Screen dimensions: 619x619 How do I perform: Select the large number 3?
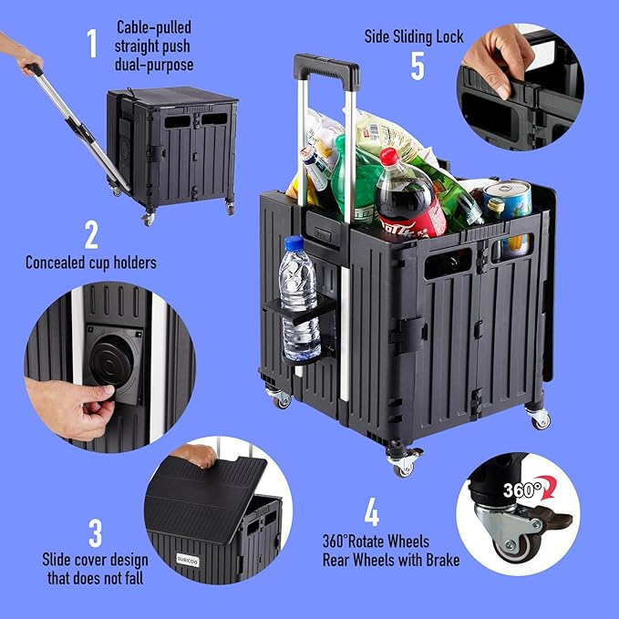[x=95, y=534]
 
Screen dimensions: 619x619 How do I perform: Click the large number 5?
[x=418, y=66]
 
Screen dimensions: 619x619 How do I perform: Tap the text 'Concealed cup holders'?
[x=91, y=263]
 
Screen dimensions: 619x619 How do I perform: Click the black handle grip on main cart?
[x=325, y=69]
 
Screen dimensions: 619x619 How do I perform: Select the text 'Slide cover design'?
[x=96, y=559]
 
